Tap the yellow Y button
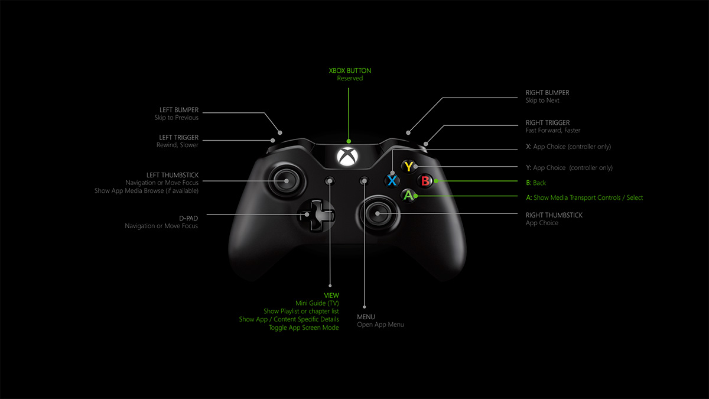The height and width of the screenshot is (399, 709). coord(408,167)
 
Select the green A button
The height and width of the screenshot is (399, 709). coord(408,194)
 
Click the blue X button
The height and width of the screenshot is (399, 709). coord(392,180)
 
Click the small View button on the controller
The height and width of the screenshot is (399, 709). coord(330,180)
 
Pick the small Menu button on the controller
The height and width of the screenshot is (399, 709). coord(365,180)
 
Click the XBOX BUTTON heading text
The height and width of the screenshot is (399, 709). coord(350,71)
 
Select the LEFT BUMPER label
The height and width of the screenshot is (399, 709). coord(179,110)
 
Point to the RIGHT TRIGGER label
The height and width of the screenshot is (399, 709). coord(548,123)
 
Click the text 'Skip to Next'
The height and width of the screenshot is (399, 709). coord(542,100)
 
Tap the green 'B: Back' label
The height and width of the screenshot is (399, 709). coord(536,183)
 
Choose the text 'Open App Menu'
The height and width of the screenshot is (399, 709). coord(380,325)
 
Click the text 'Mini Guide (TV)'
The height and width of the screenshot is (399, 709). coord(317,303)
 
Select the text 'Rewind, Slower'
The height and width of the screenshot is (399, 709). coord(177,145)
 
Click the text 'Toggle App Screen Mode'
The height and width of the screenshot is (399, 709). coord(304,327)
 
